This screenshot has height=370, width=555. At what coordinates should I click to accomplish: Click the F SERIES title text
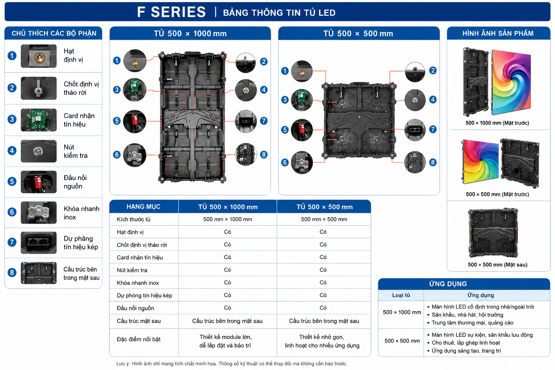171,12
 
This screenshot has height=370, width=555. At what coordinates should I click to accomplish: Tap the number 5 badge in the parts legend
12,181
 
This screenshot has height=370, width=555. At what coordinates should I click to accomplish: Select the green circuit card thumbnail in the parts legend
39,120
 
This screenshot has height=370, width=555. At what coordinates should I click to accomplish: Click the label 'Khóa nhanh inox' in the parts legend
81,213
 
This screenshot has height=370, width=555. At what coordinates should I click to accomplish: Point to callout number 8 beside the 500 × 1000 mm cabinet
264,155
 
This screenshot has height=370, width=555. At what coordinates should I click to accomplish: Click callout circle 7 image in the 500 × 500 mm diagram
415,130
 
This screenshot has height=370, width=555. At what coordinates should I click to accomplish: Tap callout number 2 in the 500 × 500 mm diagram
433,70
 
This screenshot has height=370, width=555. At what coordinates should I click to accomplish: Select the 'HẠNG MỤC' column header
143,207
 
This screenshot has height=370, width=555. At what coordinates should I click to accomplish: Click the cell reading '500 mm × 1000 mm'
228,219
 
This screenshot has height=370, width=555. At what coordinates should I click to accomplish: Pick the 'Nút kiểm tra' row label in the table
132,270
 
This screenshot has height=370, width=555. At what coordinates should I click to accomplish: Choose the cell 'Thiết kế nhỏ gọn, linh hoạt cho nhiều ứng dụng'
322,341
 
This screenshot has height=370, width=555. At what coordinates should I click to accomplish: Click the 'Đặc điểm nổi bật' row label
138,339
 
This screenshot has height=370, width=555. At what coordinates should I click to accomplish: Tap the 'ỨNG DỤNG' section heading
448,284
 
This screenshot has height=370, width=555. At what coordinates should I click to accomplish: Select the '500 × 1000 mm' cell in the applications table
402,312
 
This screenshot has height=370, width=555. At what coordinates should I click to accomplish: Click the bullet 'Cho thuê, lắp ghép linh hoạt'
466,343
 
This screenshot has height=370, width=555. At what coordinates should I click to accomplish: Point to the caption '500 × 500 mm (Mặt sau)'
498,265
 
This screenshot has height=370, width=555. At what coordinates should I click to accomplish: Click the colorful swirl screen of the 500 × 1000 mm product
511,82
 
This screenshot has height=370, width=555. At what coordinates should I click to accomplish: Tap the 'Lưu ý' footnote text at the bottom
232,363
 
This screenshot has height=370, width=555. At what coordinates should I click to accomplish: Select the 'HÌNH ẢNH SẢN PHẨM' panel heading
498,34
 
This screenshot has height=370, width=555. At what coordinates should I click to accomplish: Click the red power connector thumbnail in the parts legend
39,182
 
